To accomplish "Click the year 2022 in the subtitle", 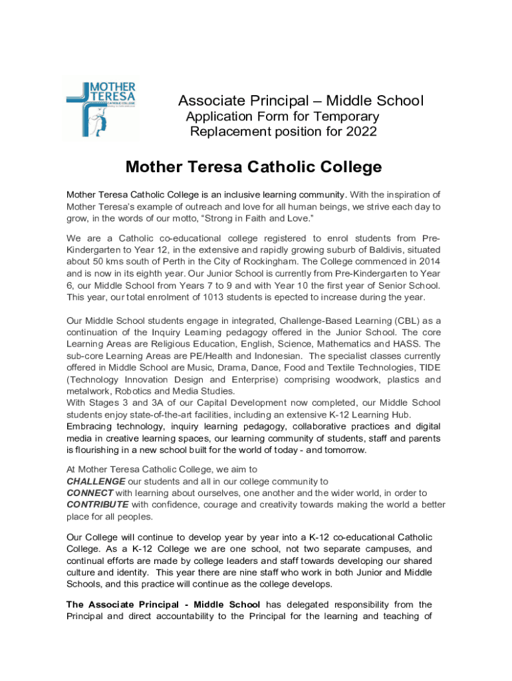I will [x=361, y=132].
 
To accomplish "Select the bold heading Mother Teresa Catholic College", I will [x=254, y=167].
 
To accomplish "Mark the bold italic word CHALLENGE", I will [x=96, y=481].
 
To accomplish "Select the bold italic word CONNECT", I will [x=90, y=493].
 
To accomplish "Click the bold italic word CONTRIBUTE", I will [x=98, y=505].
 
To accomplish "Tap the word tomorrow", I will [x=344, y=450].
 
